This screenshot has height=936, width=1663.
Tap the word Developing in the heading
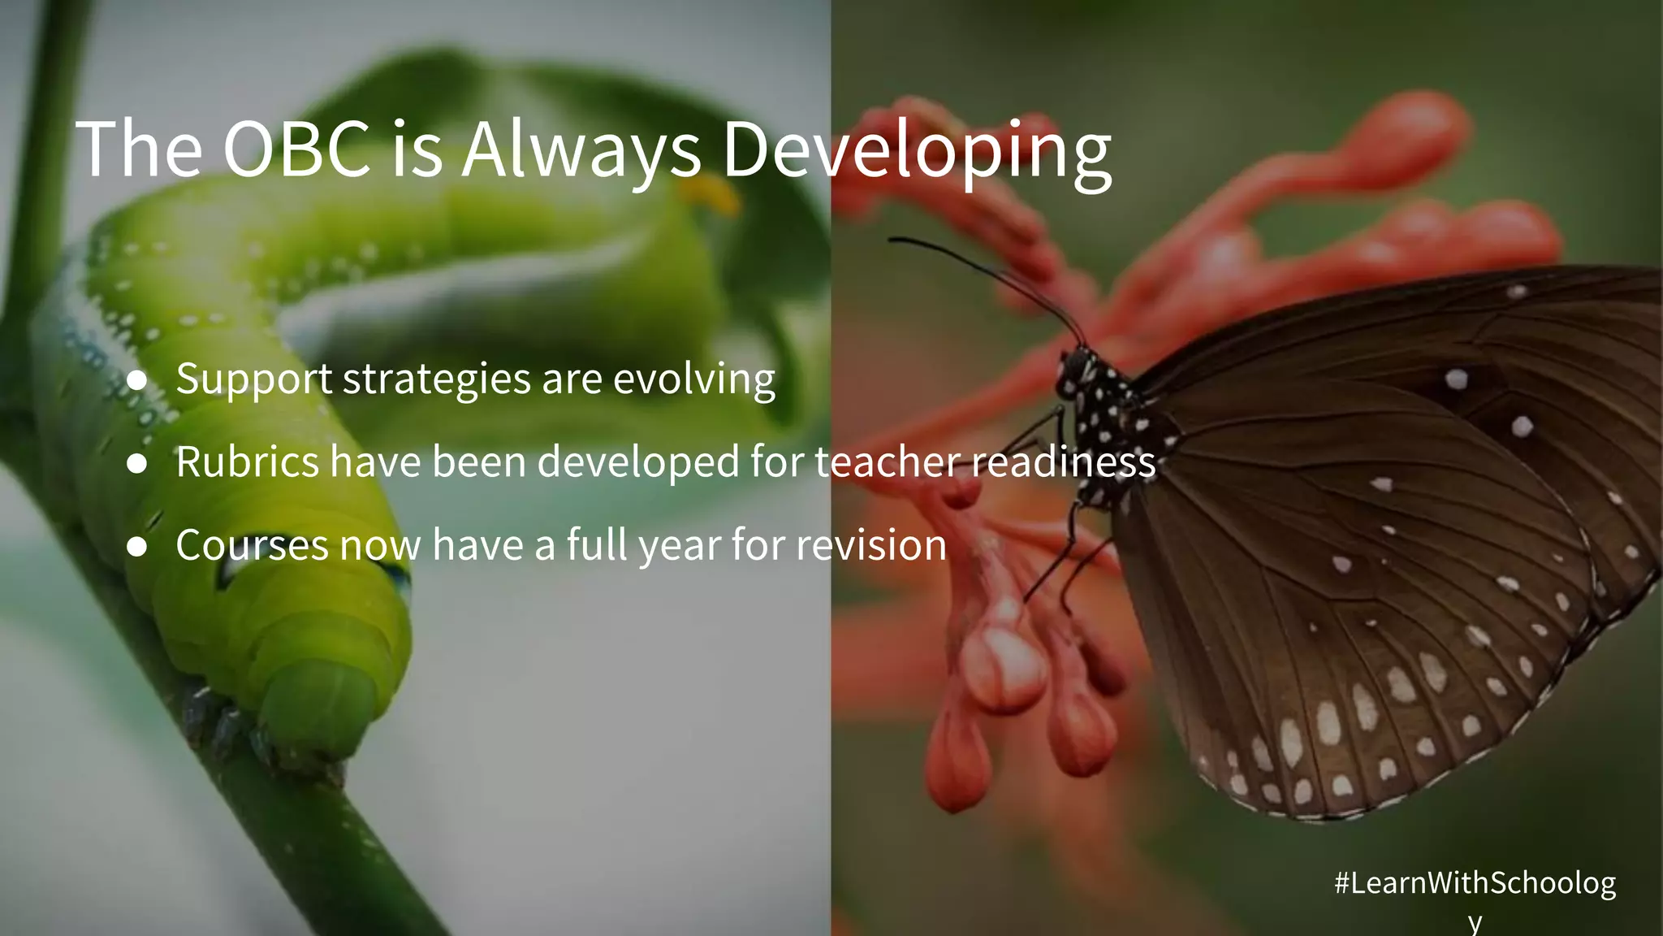click(917, 150)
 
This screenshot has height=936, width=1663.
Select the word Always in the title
click(581, 150)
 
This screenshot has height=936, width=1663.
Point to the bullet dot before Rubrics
click(137, 463)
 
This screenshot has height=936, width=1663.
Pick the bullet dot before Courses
click(137, 546)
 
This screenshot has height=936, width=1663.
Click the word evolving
click(694, 379)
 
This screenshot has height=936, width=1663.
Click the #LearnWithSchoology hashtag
click(1474, 883)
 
